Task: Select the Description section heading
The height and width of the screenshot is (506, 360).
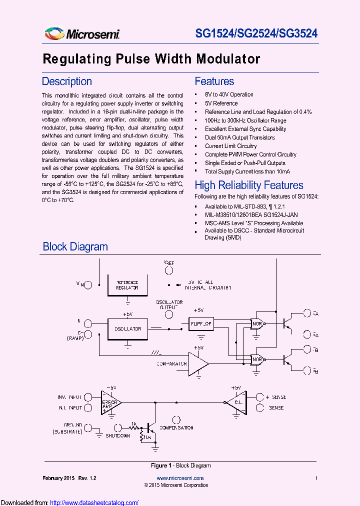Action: tap(66, 81)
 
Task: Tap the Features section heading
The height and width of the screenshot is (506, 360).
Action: tap(214, 81)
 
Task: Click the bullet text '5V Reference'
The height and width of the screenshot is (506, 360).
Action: tap(221, 103)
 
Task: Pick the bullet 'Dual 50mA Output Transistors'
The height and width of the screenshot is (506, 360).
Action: tap(239, 137)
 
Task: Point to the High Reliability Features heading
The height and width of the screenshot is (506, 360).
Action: tap(248, 185)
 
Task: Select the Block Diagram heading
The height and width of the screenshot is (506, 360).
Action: tap(75, 246)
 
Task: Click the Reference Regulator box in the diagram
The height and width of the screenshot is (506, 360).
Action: tap(127, 285)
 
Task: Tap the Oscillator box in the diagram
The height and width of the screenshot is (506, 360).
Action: tap(127, 329)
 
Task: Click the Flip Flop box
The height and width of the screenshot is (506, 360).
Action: tap(201, 324)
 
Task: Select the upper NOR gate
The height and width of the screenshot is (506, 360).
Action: tap(257, 323)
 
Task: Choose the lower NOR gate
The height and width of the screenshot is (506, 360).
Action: tap(257, 359)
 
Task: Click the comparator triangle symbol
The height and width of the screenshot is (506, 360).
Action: tap(197, 363)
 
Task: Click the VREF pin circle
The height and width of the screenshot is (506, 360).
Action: tap(169, 270)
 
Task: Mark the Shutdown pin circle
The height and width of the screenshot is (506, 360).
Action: tap(118, 427)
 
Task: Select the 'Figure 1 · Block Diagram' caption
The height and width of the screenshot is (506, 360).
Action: tap(180, 465)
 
